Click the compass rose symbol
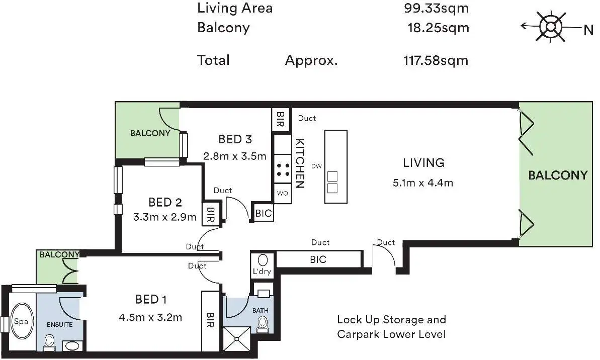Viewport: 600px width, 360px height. point(551,27)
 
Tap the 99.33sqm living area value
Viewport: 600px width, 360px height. point(436,8)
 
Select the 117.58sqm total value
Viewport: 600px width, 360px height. point(436,60)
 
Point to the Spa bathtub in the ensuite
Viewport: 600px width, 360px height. point(22,321)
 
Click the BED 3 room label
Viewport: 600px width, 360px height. point(235,139)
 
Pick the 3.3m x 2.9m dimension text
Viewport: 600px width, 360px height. point(164,217)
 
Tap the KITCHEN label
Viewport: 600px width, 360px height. point(300,163)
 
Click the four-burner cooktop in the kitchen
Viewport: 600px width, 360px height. point(283,170)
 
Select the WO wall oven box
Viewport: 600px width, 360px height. point(283,193)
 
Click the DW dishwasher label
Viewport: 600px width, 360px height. point(316,166)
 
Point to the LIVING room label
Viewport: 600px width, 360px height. point(423,163)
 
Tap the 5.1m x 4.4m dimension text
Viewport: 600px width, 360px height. point(423,183)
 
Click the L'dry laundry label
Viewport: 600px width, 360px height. point(262,271)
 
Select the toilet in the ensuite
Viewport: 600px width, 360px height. point(49,342)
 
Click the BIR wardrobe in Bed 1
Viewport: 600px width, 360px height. point(210,321)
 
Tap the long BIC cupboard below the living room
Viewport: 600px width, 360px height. point(318,259)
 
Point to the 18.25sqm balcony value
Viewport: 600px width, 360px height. point(438,28)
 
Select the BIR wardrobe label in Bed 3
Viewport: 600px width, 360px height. point(281,119)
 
